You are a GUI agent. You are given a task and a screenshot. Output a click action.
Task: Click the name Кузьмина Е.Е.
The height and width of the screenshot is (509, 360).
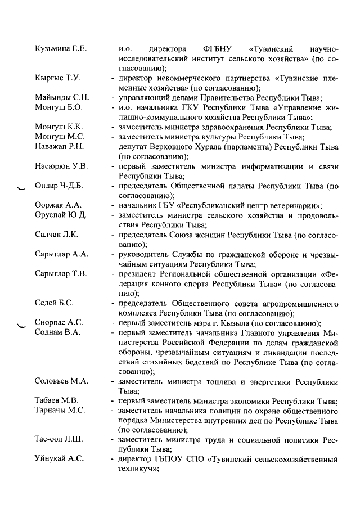click(x=60, y=49)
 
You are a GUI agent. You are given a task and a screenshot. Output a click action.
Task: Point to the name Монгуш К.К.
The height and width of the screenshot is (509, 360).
click(x=58, y=128)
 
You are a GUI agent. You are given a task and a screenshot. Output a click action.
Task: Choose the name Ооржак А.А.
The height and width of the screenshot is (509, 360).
click(x=58, y=205)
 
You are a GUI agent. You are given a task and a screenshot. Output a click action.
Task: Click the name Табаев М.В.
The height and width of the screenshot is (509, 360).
click(x=56, y=401)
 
